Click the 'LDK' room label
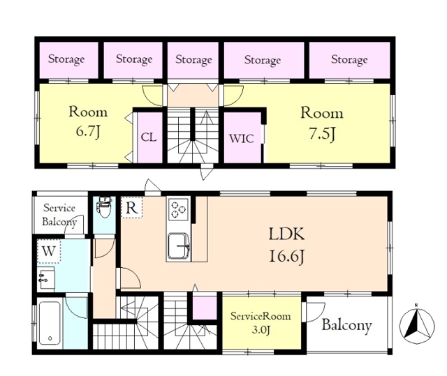click(286, 234)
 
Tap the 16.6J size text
click(286, 257)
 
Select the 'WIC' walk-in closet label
click(242, 139)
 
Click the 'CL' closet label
click(149, 137)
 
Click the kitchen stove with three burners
click(179, 209)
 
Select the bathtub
click(50, 323)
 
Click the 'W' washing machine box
click(49, 251)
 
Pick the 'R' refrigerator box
click(131, 207)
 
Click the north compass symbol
click(417, 324)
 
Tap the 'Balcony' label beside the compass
click(346, 325)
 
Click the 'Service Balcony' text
click(59, 215)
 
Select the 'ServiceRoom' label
click(261, 316)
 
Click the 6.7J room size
click(88, 132)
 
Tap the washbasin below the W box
click(45, 278)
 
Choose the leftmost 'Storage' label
click(66, 59)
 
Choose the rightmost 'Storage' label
click(349, 60)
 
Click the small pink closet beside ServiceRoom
click(205, 308)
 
